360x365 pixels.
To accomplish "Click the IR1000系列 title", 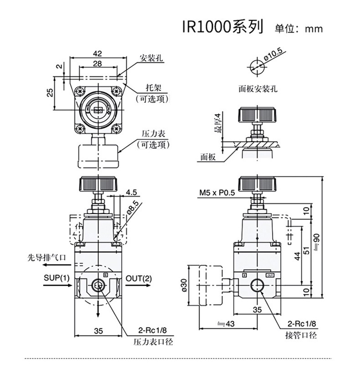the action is (222, 27).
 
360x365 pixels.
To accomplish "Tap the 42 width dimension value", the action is (98, 54).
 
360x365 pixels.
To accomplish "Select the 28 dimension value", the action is (98, 64).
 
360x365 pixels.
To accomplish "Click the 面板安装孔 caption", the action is (258, 89).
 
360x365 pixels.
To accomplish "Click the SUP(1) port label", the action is (57, 278).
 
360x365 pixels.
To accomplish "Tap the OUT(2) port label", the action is (139, 278).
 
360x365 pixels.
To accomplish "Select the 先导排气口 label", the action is (46, 258).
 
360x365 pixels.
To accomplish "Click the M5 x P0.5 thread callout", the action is (217, 193).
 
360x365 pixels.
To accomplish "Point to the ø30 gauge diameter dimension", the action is (184, 285).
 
